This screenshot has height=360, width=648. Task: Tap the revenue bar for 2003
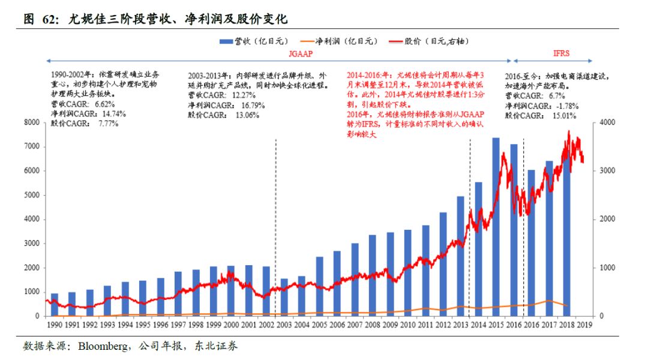(x=284, y=297)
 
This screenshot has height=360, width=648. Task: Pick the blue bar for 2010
(x=408, y=273)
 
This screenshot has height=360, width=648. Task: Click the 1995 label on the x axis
(x=143, y=325)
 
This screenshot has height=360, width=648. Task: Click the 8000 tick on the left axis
(x=31, y=122)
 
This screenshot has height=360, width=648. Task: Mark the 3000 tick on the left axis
(x=31, y=243)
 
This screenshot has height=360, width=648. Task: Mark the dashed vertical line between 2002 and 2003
(x=275, y=228)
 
